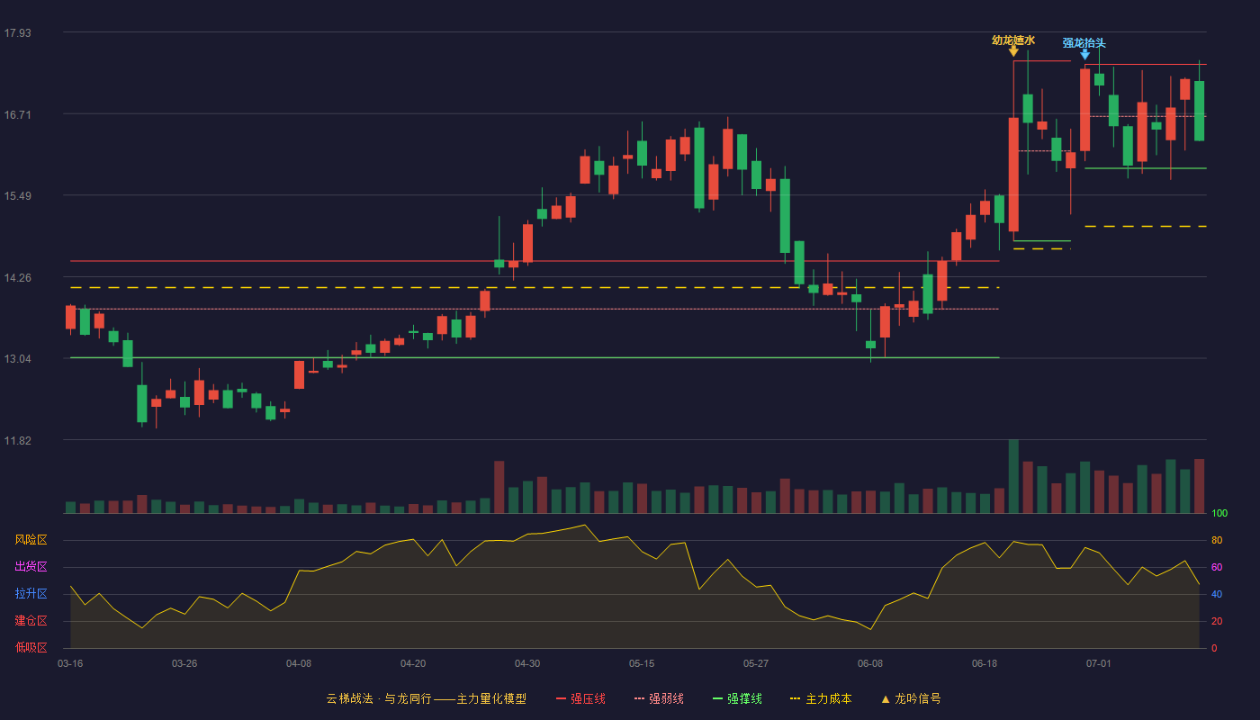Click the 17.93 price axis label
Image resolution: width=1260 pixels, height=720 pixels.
(17, 32)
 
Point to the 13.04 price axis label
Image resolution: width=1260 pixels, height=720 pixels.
(17, 359)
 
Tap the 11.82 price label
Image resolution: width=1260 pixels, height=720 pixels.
(17, 440)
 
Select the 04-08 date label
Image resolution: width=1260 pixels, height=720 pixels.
(299, 664)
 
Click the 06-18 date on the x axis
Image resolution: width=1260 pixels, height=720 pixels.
(985, 664)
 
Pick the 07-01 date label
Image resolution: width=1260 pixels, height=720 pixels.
(1099, 664)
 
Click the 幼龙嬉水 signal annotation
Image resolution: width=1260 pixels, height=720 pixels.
(1013, 40)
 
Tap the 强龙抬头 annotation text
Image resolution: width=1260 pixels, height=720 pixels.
(1084, 43)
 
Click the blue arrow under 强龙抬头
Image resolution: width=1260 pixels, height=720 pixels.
(1085, 54)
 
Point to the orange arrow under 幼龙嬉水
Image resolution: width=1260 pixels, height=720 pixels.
(1013, 51)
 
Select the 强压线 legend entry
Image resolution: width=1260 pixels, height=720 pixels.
(580, 698)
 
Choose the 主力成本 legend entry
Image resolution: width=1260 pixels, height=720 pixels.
(821, 698)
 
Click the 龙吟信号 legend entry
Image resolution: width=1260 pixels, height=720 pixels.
(911, 698)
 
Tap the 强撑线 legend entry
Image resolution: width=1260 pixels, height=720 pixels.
(737, 698)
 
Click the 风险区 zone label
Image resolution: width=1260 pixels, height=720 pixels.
(31, 539)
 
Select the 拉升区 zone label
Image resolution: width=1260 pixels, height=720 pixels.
(31, 593)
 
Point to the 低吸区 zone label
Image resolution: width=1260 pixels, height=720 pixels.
(31, 647)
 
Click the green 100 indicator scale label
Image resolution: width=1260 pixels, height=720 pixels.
(1219, 513)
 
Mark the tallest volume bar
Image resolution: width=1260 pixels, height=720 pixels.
(1013, 476)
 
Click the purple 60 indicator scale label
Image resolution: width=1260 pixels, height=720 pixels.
(1217, 567)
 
